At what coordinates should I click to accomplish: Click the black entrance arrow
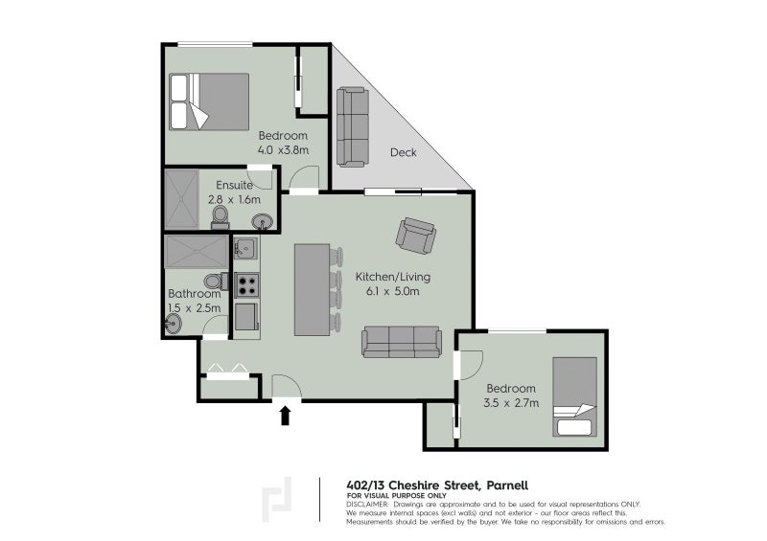coord(285,417)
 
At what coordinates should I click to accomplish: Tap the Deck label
coord(404,152)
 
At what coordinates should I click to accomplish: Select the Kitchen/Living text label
coord(393,277)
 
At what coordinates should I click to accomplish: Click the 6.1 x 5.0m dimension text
coord(393,292)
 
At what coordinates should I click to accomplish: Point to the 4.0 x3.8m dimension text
coord(283,150)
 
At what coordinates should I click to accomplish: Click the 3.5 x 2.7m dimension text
coord(511,403)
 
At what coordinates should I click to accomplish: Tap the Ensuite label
coord(234,185)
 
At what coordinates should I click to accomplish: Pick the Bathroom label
coord(195,294)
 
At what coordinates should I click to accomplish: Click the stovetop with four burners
coord(247,285)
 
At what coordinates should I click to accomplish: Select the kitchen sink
coord(246,248)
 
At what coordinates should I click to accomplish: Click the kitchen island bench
coord(313,290)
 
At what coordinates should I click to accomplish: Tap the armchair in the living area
coord(416,236)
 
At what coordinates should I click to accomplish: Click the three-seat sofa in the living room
coord(402,342)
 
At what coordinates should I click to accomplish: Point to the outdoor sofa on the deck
coord(352,127)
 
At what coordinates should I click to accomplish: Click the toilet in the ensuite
coord(221,217)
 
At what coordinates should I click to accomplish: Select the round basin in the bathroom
coord(174,324)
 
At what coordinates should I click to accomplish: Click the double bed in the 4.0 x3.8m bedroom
coord(209,101)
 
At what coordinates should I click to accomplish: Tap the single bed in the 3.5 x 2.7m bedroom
coord(574,396)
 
